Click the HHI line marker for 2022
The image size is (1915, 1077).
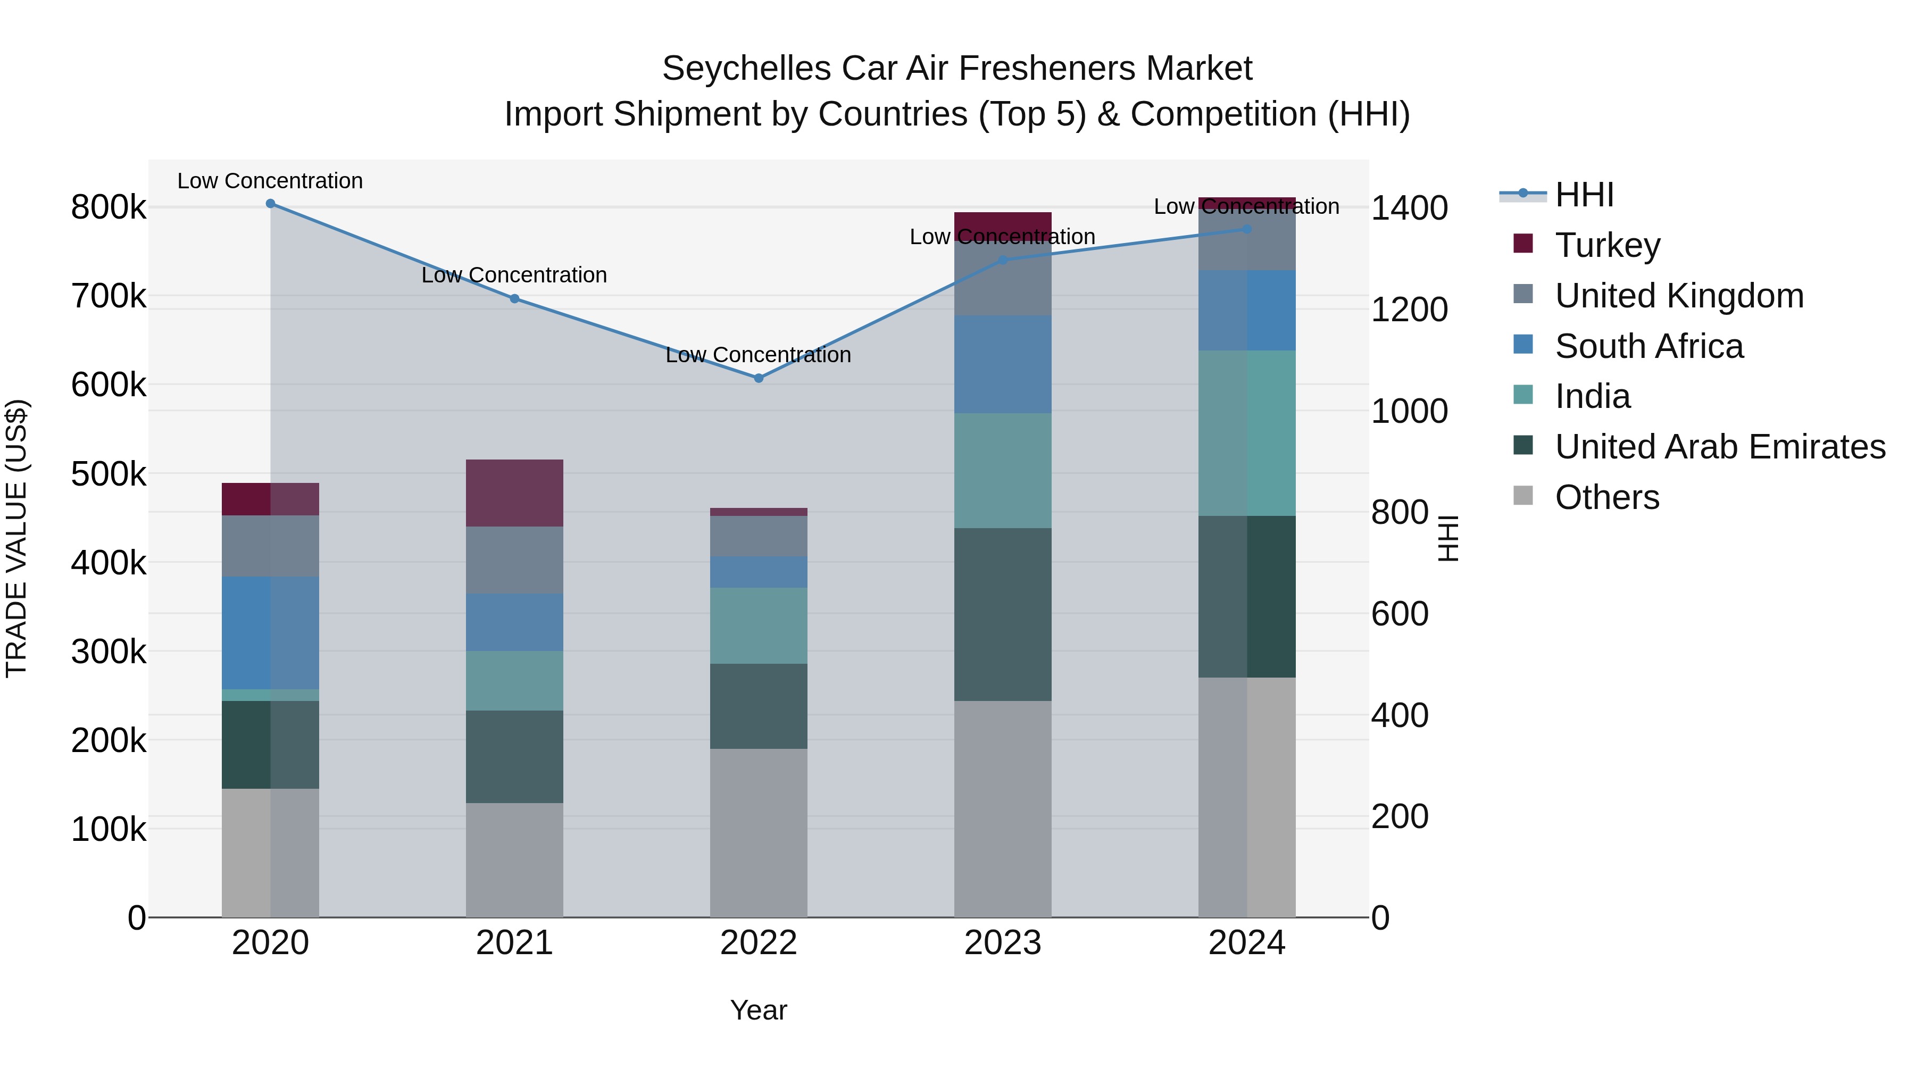coord(758,378)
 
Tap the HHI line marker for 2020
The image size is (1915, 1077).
coord(271,204)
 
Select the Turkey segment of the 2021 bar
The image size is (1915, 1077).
coord(514,493)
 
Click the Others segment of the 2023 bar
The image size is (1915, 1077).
coord(1002,808)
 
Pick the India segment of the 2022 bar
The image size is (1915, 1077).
coord(758,626)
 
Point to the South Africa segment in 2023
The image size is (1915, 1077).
coord(1002,364)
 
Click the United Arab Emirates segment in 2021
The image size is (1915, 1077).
coord(514,757)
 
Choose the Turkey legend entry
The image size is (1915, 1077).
coord(1607,245)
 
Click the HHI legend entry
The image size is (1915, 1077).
coord(1584,195)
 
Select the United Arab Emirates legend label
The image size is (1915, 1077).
coord(1719,447)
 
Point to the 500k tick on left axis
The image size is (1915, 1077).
coord(109,474)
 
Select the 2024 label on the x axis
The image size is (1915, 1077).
coord(1247,943)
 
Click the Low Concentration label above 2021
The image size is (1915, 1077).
coord(514,275)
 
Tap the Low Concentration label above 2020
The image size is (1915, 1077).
coord(271,181)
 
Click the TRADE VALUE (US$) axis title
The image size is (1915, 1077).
coord(16,538)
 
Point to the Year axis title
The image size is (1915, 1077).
coord(758,1010)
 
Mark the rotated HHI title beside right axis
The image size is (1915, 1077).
coord(1448,538)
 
